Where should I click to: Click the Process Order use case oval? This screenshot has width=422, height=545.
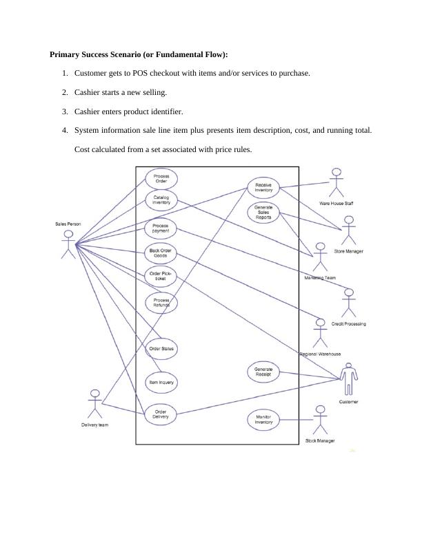(161, 180)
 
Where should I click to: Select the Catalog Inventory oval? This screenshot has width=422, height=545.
(161, 200)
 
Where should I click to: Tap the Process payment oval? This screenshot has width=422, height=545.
(161, 228)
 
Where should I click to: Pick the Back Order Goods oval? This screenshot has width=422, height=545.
(161, 253)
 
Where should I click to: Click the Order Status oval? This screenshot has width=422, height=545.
(161, 349)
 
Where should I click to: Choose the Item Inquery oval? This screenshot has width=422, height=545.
(161, 381)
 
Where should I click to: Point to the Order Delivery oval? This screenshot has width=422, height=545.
(161, 414)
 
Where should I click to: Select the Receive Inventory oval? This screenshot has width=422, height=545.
(263, 187)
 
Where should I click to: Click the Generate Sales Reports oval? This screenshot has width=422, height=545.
(263, 212)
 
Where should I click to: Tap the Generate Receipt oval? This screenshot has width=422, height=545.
(263, 372)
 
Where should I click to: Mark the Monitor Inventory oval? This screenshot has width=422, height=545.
(263, 419)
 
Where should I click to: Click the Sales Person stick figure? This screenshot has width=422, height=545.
(68, 245)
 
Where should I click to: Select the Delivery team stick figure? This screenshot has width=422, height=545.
(95, 404)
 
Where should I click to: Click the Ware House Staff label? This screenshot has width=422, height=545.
(336, 204)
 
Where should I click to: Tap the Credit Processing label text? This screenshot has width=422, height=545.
(348, 323)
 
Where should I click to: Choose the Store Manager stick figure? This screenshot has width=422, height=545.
(348, 231)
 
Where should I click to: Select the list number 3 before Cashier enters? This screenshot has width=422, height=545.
(64, 111)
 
